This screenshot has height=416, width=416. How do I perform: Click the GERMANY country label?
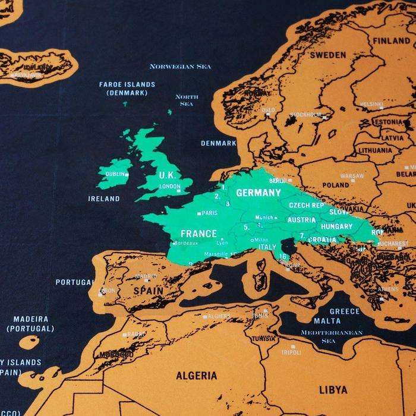point(258,193)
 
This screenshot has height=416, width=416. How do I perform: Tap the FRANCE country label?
point(198,234)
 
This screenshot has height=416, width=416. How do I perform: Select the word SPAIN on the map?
point(148,291)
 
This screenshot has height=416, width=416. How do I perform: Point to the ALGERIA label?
point(196,376)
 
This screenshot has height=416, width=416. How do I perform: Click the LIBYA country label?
point(333,390)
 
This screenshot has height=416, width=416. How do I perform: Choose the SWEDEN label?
point(327,55)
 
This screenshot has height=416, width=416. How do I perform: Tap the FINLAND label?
point(390,41)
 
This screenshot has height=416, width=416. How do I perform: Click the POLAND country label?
point(336,185)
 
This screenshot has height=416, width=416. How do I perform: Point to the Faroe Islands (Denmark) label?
point(127,89)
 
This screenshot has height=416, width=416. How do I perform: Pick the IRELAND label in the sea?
point(103,198)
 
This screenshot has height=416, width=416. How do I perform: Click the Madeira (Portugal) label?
point(30,323)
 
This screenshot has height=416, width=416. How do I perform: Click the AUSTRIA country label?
point(301,219)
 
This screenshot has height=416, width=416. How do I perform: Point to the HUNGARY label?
point(336,226)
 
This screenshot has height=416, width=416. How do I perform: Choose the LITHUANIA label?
point(375,151)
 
